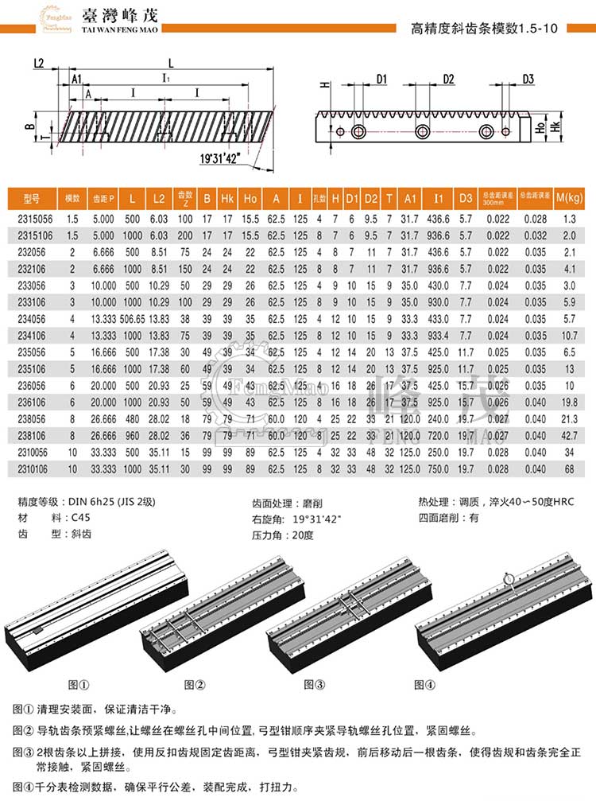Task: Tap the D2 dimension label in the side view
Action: coord(447,79)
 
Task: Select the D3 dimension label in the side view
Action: coord(528,79)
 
